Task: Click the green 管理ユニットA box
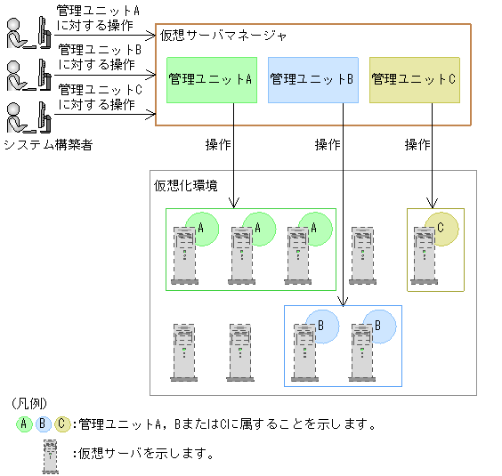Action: pyautogui.click(x=211, y=79)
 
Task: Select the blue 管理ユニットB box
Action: pyautogui.click(x=312, y=79)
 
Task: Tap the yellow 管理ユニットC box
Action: pyautogui.click(x=414, y=79)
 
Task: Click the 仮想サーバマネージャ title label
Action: pyautogui.click(x=223, y=36)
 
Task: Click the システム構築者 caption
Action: pyautogui.click(x=47, y=144)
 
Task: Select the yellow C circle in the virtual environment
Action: pyautogui.click(x=441, y=229)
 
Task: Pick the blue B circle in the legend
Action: pyautogui.click(x=43, y=424)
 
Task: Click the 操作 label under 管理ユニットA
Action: pyautogui.click(x=218, y=144)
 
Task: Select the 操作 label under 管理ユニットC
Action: pyautogui.click(x=417, y=144)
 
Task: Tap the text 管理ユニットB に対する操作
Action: pyautogui.click(x=97, y=57)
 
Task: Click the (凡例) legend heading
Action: pyautogui.click(x=31, y=403)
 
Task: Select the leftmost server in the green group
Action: pyautogui.click(x=184, y=254)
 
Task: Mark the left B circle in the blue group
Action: pyautogui.click(x=320, y=326)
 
